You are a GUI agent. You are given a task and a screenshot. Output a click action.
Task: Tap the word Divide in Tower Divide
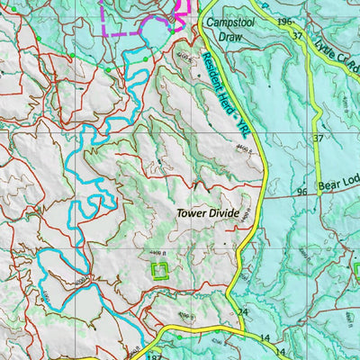[x=223, y=213]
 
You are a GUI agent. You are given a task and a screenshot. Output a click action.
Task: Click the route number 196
[x=286, y=22]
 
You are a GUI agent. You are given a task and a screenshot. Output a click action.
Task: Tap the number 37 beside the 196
[x=297, y=36]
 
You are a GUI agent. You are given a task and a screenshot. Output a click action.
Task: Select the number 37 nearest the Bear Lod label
[x=318, y=138]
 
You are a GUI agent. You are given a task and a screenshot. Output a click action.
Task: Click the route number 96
[x=301, y=192]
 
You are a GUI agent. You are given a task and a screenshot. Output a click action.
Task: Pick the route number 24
[x=242, y=312]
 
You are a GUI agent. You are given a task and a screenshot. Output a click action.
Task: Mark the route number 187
[x=151, y=355]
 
